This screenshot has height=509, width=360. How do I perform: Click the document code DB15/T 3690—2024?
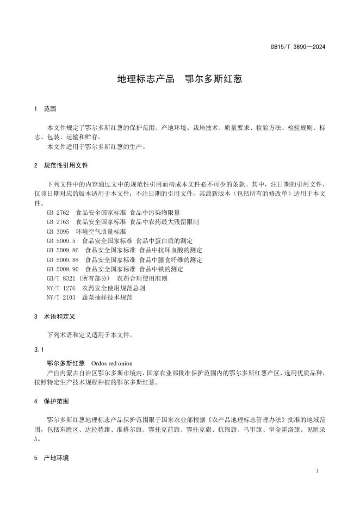coord(298,47)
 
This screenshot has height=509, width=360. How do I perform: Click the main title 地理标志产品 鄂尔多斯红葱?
coord(179,79)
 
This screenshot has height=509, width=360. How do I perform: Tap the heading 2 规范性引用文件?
coord(60,165)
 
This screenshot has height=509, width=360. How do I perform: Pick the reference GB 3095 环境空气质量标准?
coord(86,231)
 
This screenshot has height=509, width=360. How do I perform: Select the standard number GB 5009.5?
coord(61,240)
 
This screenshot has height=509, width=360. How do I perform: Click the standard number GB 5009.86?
coord(63,250)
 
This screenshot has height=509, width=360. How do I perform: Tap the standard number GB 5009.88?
coord(63,259)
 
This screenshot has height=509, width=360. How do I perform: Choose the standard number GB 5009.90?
coord(63,269)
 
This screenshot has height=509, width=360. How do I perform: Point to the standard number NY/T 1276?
coord(61,288)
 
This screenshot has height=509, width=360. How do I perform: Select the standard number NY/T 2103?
coord(61,297)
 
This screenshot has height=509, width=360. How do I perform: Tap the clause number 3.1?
coord(37,349)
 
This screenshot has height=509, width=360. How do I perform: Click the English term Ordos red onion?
coord(112,363)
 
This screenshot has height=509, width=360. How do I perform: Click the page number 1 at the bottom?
coord(316,470)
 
